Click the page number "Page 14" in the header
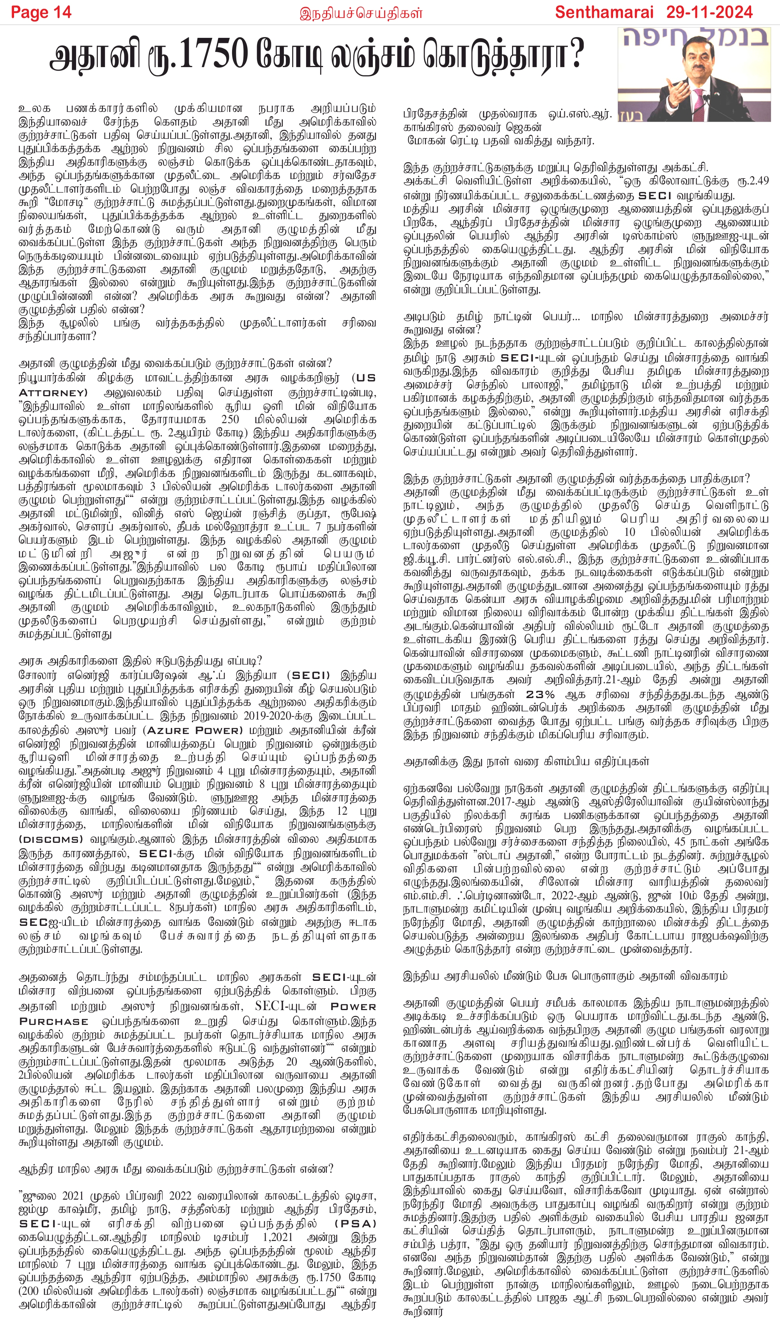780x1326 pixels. click(x=41, y=12)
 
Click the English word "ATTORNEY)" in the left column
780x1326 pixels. click(x=53, y=393)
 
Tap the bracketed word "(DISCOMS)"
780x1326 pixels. click(x=51, y=839)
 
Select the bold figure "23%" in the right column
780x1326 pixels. click(x=541, y=694)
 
